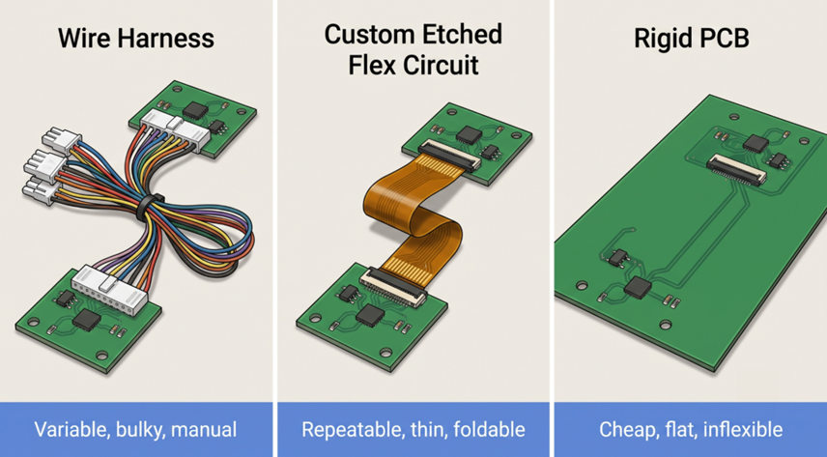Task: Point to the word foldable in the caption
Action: tap(489, 430)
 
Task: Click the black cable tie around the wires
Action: tap(148, 207)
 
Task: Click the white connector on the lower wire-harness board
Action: tap(110, 289)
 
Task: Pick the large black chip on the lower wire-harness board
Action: tap(87, 320)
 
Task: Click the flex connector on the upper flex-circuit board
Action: tap(450, 157)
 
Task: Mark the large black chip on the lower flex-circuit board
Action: tap(370, 315)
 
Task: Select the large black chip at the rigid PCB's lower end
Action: tap(639, 287)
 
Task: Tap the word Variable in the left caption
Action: tap(72, 430)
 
